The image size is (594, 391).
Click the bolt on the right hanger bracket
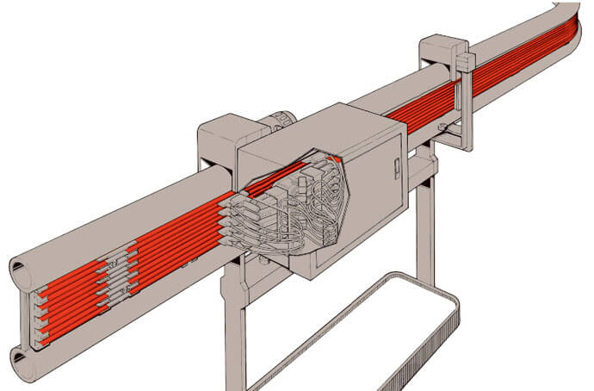click(x=441, y=129)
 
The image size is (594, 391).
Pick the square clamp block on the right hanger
click(x=465, y=62)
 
